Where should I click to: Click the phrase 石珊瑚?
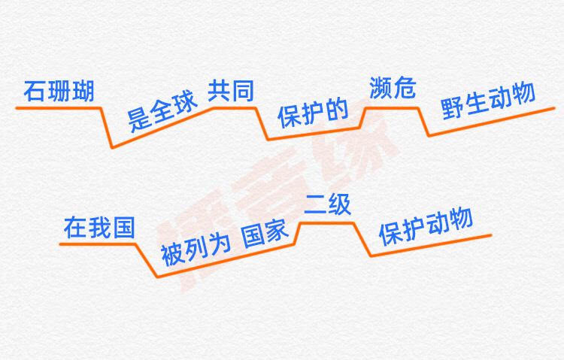pyautogui.click(x=59, y=92)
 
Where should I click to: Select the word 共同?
pyautogui.click(x=230, y=91)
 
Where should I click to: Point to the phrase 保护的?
pyautogui.click(x=313, y=113)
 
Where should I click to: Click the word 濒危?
pyautogui.click(x=392, y=89)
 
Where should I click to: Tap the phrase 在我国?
pyautogui.click(x=99, y=228)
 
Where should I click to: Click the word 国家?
pyautogui.click(x=265, y=234)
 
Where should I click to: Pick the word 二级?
pyautogui.click(x=328, y=205)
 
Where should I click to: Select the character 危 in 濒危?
pyautogui.click(x=404, y=89)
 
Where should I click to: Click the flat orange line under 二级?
pyautogui.click(x=326, y=222)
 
